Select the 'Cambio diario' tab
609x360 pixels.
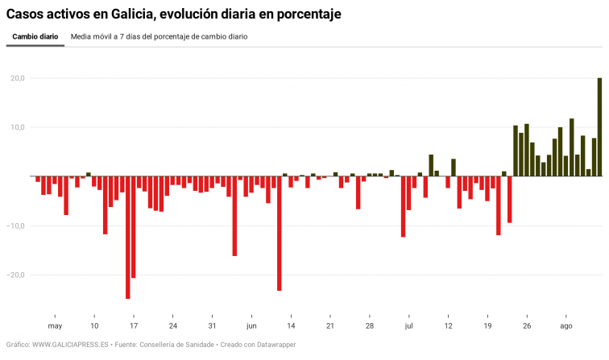pos(35,37)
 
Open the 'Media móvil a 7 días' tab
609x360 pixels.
pos(159,37)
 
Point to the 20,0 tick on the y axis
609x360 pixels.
pos(17,78)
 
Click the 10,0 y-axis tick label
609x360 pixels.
pos(17,127)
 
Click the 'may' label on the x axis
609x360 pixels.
pos(55,326)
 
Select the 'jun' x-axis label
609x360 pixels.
pos(251,326)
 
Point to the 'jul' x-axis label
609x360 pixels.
pos(408,326)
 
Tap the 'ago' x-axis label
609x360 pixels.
pos(565,326)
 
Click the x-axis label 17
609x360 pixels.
pos(134,326)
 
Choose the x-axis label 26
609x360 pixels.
pos(527,326)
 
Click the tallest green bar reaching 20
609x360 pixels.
pos(599,127)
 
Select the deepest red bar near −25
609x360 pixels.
pos(128,237)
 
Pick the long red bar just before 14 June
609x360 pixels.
pos(280,233)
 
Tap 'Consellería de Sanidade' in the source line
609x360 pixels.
pos(176,345)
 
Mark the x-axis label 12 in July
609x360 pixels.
pos(448,326)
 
